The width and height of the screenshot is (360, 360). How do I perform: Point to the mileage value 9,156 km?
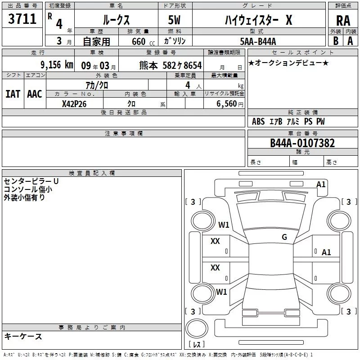click(x=56, y=64)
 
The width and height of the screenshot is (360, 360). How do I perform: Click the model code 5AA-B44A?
click(x=258, y=41)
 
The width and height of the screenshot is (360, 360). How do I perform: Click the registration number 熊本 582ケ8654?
click(x=170, y=65)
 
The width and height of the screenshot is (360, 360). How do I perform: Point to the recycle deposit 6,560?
click(x=226, y=103)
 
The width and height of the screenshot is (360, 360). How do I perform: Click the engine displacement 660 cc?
click(x=136, y=41)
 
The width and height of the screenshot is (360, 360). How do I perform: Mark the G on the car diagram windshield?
click(x=284, y=237)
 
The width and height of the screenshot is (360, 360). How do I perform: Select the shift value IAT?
click(x=13, y=94)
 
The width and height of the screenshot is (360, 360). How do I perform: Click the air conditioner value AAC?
click(x=34, y=94)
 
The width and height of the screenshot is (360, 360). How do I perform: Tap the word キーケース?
click(x=23, y=336)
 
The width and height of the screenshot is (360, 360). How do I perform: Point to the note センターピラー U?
click(x=31, y=181)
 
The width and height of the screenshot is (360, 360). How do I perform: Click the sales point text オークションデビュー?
click(x=288, y=63)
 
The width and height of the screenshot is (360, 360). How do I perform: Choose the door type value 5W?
click(x=175, y=20)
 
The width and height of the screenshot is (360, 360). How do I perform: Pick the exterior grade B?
click(x=336, y=41)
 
